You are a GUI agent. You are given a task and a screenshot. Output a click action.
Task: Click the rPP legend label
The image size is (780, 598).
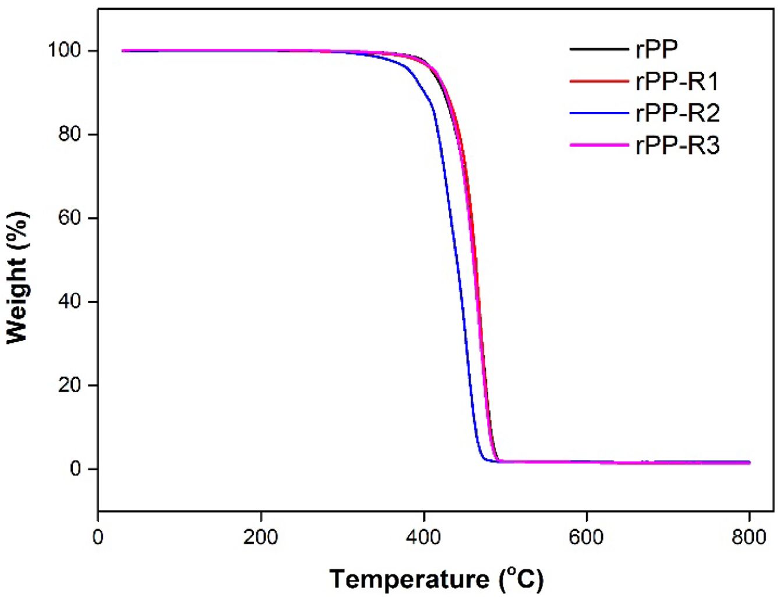click(657, 50)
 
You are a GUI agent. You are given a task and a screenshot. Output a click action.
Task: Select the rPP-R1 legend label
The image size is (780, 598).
click(677, 82)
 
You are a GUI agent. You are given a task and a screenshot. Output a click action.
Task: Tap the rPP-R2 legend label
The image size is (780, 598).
click(677, 113)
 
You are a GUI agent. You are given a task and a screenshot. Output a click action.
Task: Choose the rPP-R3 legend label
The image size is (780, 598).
click(677, 145)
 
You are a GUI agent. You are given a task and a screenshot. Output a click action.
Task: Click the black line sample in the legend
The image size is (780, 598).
click(599, 49)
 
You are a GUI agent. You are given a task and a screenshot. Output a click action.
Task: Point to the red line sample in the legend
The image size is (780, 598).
click(599, 81)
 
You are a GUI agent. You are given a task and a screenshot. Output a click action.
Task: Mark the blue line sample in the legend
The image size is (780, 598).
click(599, 112)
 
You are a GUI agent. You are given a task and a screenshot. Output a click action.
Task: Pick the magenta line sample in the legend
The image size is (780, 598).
click(599, 145)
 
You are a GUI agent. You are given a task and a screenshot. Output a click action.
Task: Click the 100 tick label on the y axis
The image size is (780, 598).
click(64, 51)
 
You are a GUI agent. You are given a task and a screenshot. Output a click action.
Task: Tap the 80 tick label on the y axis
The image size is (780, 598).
click(69, 135)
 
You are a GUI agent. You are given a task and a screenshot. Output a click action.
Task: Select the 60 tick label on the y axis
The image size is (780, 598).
click(69, 218)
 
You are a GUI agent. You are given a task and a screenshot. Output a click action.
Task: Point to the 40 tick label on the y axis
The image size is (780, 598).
click(69, 302)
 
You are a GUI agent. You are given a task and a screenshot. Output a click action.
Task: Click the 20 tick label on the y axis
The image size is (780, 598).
click(69, 385)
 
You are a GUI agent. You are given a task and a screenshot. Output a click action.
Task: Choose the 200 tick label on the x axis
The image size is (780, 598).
click(260, 537)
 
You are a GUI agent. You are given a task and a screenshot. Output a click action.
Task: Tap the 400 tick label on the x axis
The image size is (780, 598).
click(423, 537)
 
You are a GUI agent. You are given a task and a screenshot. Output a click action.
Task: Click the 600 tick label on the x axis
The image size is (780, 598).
click(586, 537)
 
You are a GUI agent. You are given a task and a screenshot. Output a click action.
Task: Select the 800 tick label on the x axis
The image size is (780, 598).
click(749, 537)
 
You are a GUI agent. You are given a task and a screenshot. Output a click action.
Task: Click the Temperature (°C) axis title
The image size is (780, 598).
click(436, 579)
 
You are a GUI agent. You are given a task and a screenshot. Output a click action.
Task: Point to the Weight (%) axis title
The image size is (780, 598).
click(17, 277)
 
